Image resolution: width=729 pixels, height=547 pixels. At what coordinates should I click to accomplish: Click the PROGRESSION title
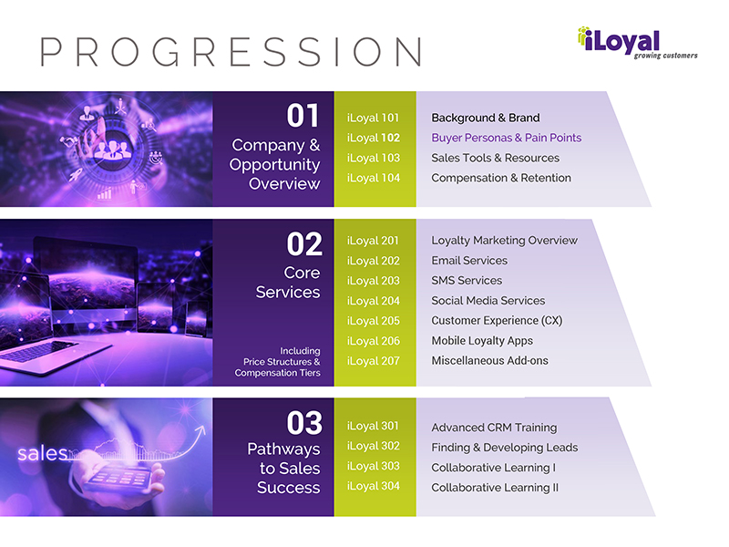coord(231,52)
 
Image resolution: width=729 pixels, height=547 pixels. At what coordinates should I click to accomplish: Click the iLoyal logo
coord(637,43)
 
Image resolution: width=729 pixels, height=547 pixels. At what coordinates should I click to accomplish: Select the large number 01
coord(303,116)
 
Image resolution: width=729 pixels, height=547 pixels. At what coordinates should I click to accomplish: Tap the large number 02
coord(304,244)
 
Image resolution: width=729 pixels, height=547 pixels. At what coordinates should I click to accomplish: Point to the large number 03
coord(304,423)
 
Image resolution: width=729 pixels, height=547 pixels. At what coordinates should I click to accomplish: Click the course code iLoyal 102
coord(374,139)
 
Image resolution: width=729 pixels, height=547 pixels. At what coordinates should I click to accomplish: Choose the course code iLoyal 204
coord(374,301)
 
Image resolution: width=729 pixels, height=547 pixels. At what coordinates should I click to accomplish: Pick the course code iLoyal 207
coord(374,361)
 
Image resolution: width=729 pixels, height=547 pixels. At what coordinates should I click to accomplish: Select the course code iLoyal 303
coord(374,466)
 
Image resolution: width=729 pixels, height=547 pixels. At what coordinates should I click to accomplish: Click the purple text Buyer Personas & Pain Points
coord(507,138)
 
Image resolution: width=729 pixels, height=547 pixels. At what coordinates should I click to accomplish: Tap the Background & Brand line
coord(486,118)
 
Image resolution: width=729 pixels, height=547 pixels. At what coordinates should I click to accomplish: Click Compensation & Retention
coord(501,178)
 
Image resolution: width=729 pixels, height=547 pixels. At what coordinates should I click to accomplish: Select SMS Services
coord(467,281)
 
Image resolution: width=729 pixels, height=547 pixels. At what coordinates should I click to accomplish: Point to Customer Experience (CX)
coord(497,321)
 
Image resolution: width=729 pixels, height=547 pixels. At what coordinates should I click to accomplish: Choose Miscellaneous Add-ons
coord(489,360)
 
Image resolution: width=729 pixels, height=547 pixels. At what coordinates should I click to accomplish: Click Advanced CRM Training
coord(494,428)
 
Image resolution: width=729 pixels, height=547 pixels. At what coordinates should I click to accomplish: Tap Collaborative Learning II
coord(495,488)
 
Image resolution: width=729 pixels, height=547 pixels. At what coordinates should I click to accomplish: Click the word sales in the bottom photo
coord(42,453)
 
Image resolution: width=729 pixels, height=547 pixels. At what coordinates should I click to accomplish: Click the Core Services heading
coord(288,283)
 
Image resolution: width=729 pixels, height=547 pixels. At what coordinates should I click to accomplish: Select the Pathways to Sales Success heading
coord(283,468)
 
